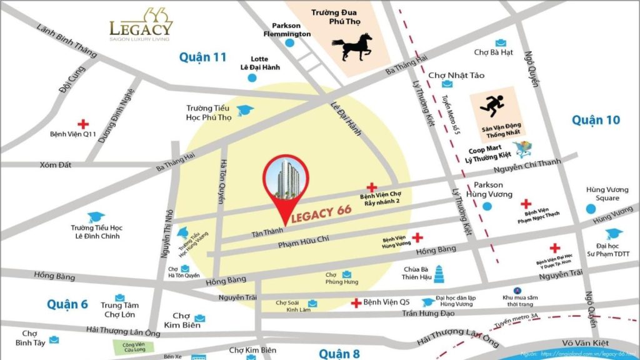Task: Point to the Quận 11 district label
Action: click(x=202, y=57)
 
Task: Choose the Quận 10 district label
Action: click(x=595, y=119)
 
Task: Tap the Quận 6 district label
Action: click(x=67, y=304)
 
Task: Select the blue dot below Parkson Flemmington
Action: click(x=289, y=43)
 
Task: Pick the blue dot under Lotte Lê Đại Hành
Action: click(x=252, y=78)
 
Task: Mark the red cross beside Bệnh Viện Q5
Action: click(x=356, y=303)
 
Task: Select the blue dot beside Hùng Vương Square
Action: click(x=591, y=209)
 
